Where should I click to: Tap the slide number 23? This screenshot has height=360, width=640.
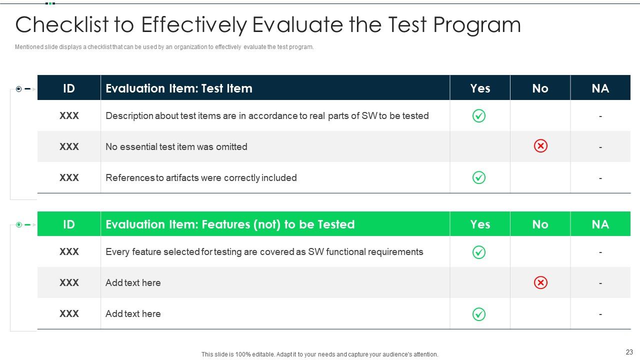click(x=629, y=352)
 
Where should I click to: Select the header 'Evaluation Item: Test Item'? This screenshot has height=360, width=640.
click(x=179, y=88)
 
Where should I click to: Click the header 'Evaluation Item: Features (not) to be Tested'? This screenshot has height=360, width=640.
click(x=230, y=224)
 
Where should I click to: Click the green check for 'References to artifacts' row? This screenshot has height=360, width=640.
click(x=479, y=177)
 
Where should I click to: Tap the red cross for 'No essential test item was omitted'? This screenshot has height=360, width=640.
click(x=540, y=146)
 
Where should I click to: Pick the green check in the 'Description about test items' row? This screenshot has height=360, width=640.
click(x=479, y=116)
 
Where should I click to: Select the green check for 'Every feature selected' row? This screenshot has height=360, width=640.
click(x=479, y=252)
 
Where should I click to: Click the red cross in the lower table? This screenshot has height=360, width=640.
click(x=540, y=282)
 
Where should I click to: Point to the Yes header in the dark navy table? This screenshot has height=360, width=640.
click(x=480, y=88)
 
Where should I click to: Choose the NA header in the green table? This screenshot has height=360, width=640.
click(x=600, y=224)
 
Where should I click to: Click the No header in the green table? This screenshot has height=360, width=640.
click(x=540, y=224)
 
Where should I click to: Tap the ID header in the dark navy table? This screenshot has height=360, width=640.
click(x=69, y=88)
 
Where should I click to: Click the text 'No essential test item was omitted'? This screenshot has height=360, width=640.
click(x=176, y=147)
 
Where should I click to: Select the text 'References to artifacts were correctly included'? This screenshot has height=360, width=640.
click(x=201, y=178)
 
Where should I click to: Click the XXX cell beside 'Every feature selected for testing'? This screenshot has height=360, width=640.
click(x=69, y=252)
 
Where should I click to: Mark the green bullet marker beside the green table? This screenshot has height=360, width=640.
click(x=19, y=225)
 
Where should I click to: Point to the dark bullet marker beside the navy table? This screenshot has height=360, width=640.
click(x=19, y=89)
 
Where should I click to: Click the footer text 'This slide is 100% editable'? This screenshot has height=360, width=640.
click(x=319, y=354)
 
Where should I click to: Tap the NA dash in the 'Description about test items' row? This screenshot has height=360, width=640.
click(x=600, y=116)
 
